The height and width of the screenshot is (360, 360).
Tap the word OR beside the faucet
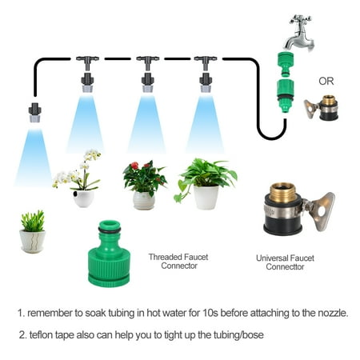click(326, 81)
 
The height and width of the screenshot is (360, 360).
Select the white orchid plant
click(78, 178)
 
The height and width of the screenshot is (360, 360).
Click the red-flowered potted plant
click(145, 185)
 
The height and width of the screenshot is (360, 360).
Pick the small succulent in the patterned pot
click(33, 231)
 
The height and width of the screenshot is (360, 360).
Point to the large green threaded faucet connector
click(109, 254)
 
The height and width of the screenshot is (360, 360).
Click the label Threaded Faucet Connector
click(178, 262)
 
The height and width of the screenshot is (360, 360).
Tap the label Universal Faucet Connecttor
click(285, 262)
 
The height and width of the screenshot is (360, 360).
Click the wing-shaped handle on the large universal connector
click(322, 211)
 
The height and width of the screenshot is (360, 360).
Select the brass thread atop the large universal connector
click(282, 193)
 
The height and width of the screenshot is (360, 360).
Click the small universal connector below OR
click(322, 107)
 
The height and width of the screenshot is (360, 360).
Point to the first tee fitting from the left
click(87, 62)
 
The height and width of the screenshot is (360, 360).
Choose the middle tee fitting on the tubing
click(148, 62)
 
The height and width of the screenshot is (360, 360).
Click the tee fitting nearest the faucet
click(206, 62)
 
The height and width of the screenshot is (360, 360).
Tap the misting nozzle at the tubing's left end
click(35, 113)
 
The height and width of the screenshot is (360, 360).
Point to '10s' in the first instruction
click(210, 313)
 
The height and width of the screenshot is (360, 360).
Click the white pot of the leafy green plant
click(206, 198)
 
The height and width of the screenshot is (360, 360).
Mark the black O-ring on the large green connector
click(110, 230)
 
